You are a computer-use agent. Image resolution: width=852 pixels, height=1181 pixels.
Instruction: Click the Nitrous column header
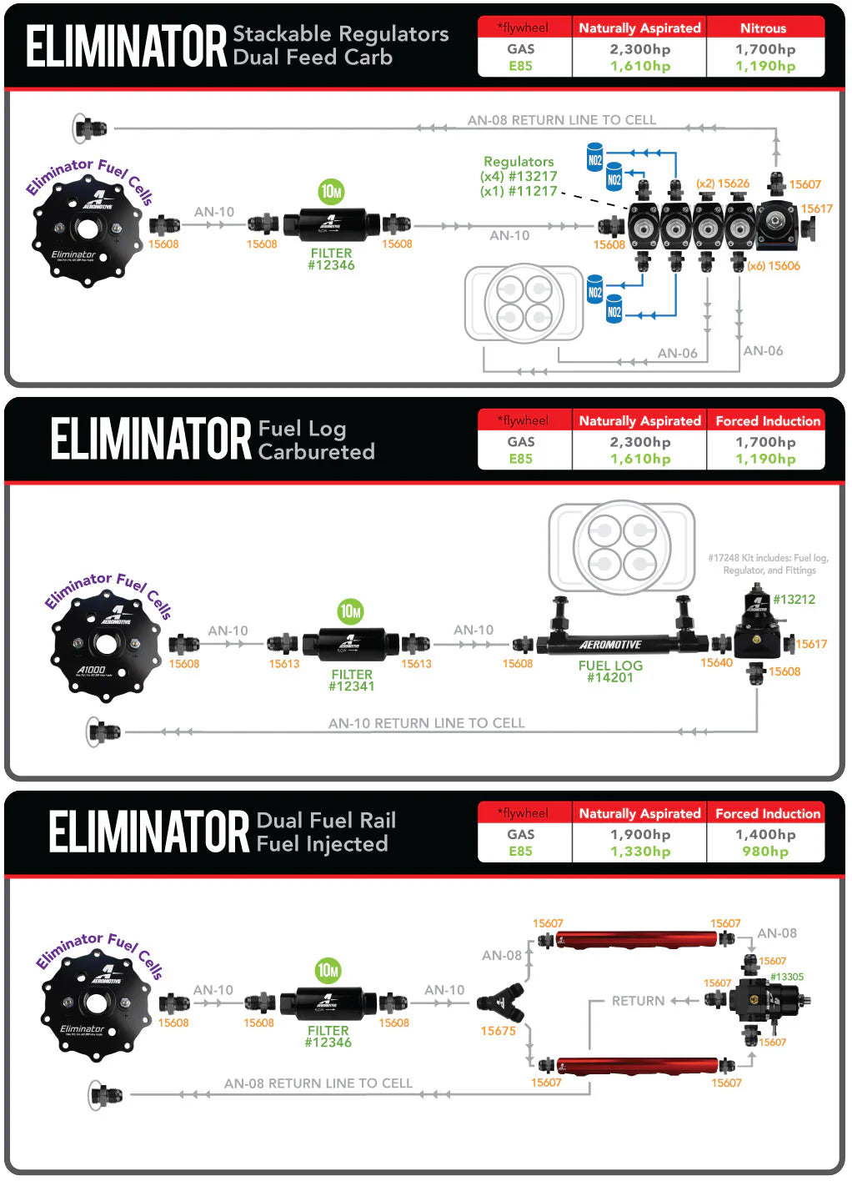point(763,28)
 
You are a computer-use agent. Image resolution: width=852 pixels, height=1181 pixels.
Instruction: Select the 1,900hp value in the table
point(639,835)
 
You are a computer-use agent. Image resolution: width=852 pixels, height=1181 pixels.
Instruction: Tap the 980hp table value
point(764,852)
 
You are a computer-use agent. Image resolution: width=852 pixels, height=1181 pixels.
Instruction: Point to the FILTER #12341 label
point(352,681)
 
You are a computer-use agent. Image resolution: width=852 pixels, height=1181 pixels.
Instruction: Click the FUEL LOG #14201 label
point(610,671)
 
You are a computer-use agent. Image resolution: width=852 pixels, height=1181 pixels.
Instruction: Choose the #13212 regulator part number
point(794,600)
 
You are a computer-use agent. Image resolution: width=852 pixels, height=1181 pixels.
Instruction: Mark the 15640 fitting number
point(716,663)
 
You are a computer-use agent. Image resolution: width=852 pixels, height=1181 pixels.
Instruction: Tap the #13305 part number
point(786,977)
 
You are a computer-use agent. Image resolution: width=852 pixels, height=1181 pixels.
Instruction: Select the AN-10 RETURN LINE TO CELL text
point(426,723)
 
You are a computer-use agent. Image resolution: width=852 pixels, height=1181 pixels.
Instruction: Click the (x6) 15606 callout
point(773,266)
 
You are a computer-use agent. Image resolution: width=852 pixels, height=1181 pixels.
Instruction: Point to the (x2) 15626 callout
point(723,183)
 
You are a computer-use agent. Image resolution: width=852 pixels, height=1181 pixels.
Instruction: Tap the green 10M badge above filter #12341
point(351,611)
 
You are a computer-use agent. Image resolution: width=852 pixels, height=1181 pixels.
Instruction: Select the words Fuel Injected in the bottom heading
point(322,844)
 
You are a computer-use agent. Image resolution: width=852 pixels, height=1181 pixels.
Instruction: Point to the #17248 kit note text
point(768,564)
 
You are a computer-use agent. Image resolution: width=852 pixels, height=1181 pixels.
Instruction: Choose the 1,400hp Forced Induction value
point(764,835)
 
